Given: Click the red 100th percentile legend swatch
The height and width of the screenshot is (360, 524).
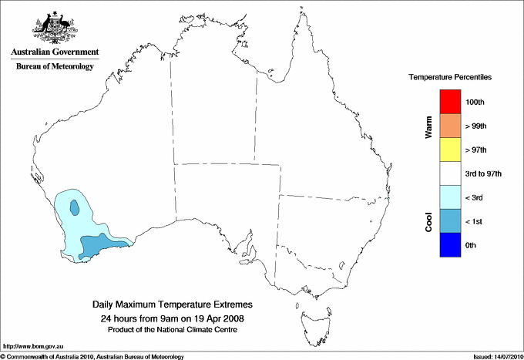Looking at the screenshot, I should tap(450, 102).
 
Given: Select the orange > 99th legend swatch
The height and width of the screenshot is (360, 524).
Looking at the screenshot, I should tap(450, 126).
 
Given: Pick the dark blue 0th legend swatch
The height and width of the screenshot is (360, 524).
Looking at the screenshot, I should tap(450, 245).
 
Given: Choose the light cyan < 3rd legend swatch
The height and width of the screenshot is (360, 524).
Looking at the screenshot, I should tap(450, 197).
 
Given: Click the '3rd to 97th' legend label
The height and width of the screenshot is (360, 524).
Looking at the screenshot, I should tap(484, 173).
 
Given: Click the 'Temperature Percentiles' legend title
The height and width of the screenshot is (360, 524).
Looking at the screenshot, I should tap(450, 78).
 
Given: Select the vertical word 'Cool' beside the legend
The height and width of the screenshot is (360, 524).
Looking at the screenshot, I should tap(428, 222).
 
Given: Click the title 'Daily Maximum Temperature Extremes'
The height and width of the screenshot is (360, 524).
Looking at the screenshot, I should tap(173, 305).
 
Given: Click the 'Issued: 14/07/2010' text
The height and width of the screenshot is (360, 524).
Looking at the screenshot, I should tap(497, 356).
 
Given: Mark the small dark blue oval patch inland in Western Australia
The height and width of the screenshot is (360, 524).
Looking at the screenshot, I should tap(74, 207).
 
